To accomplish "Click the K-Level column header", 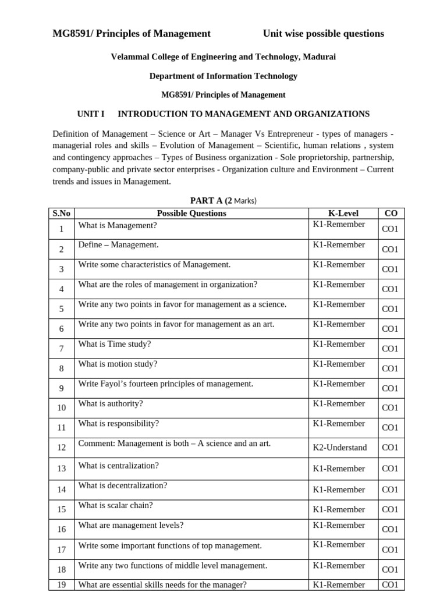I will (343, 213).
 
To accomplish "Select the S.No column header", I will (61, 213).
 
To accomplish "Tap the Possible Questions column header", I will (191, 213).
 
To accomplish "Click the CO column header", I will (391, 213).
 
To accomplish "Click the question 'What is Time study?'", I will (115, 344).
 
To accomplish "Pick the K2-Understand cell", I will (340, 448).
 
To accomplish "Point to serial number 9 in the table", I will (61, 388).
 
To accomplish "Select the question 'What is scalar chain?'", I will (116, 506).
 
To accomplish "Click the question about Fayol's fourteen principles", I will (166, 384).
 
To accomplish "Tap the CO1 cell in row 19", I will (390, 585).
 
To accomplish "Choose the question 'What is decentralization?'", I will (123, 485).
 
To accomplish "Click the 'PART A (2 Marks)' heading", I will (223, 201).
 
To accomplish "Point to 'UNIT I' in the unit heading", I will (91, 114).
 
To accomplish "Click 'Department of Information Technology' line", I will (223, 76).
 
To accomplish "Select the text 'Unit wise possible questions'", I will (323, 34).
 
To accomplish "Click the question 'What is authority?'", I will (111, 404).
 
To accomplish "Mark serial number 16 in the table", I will (61, 530).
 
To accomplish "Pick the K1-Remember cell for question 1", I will (339, 225).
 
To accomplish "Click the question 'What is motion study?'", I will (118, 364).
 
